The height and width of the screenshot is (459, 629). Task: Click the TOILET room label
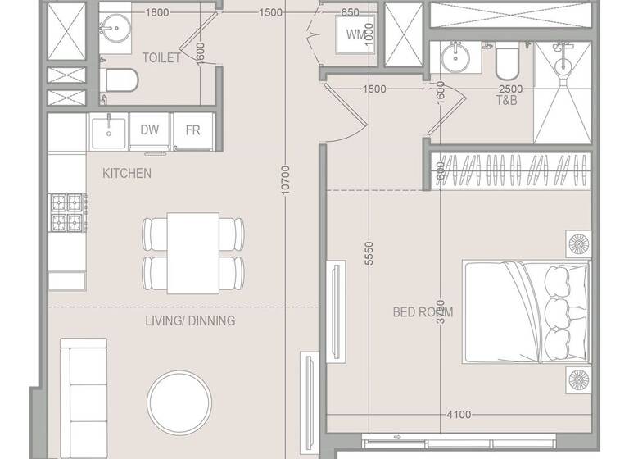(162, 57)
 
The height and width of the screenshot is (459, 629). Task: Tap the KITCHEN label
(127, 174)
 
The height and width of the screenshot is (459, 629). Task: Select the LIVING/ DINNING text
(191, 320)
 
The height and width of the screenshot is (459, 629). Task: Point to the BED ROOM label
(423, 311)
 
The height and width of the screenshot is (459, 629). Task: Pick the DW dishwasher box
(149, 130)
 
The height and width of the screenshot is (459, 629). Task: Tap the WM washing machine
(355, 35)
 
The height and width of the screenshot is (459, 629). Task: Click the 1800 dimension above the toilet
(157, 12)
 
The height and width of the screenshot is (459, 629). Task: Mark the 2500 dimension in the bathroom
(511, 89)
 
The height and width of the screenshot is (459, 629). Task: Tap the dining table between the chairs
(193, 252)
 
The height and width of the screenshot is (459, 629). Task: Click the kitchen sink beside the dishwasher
(107, 130)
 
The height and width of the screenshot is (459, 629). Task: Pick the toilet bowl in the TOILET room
(121, 81)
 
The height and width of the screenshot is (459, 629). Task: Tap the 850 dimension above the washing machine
(351, 12)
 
